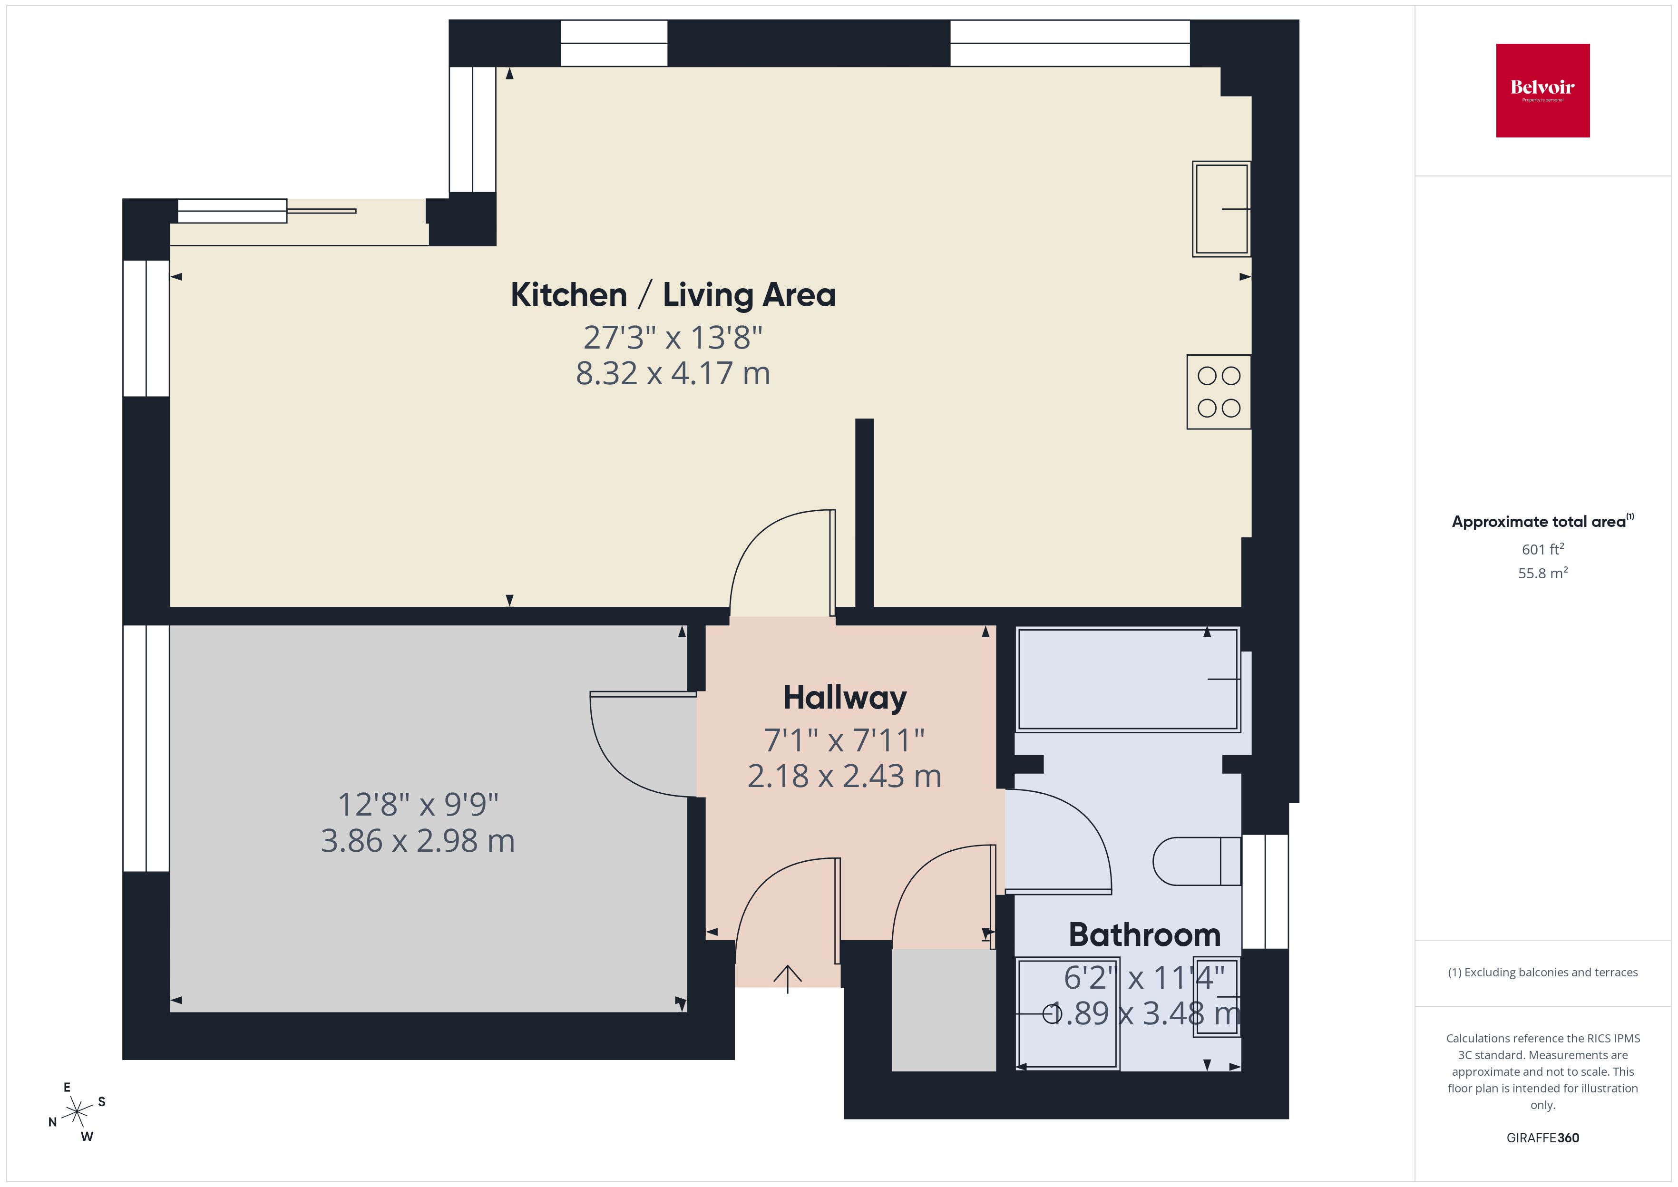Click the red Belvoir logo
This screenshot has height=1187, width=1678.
[1542, 90]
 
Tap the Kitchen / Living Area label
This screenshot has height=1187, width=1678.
[673, 294]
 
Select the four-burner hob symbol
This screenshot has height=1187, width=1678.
[1218, 392]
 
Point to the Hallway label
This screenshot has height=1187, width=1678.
[845, 697]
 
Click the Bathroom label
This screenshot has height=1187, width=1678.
[1144, 935]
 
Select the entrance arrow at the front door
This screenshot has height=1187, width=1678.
[787, 979]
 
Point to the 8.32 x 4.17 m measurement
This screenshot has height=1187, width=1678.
[673, 373]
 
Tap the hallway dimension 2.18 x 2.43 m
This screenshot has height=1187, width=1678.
[844, 776]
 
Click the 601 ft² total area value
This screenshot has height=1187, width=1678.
[1542, 549]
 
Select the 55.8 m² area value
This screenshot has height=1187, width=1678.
[1542, 573]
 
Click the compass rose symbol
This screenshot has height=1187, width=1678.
[77, 1112]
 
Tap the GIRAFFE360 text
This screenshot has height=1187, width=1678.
[1542, 1137]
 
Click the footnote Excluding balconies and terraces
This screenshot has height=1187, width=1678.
[1542, 972]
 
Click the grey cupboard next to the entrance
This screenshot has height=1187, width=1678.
[943, 1010]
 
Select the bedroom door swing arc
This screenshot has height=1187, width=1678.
[621, 760]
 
